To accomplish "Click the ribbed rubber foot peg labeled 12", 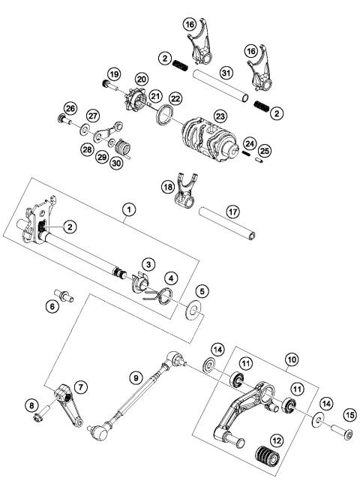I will [268, 455].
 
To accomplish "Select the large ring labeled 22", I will [162, 116].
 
